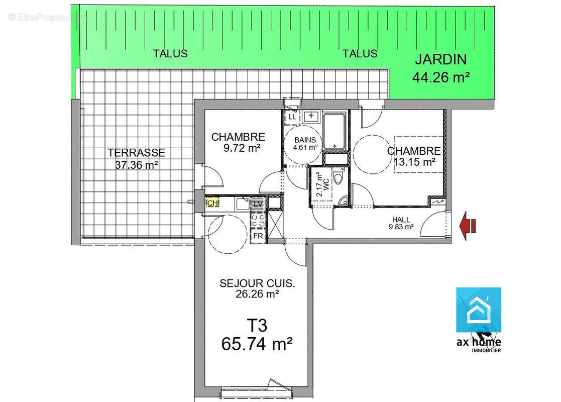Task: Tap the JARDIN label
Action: pos(440,59)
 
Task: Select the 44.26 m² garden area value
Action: pos(440,77)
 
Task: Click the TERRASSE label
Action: pos(136,153)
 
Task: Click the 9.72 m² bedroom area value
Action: pos(242,148)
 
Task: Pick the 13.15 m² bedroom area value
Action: pos(414,161)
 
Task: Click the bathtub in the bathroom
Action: pos(334,132)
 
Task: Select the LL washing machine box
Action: pos(291,117)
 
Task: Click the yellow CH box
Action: pos(213,203)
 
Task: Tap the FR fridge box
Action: pos(258,236)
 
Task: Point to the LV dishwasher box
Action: pos(258,204)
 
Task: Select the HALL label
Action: pos(401,220)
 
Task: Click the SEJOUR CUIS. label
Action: pos(257,283)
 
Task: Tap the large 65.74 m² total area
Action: pos(257,345)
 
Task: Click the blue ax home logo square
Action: pos(478,310)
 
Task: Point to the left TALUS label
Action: pos(170,53)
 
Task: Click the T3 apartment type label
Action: pos(257,326)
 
